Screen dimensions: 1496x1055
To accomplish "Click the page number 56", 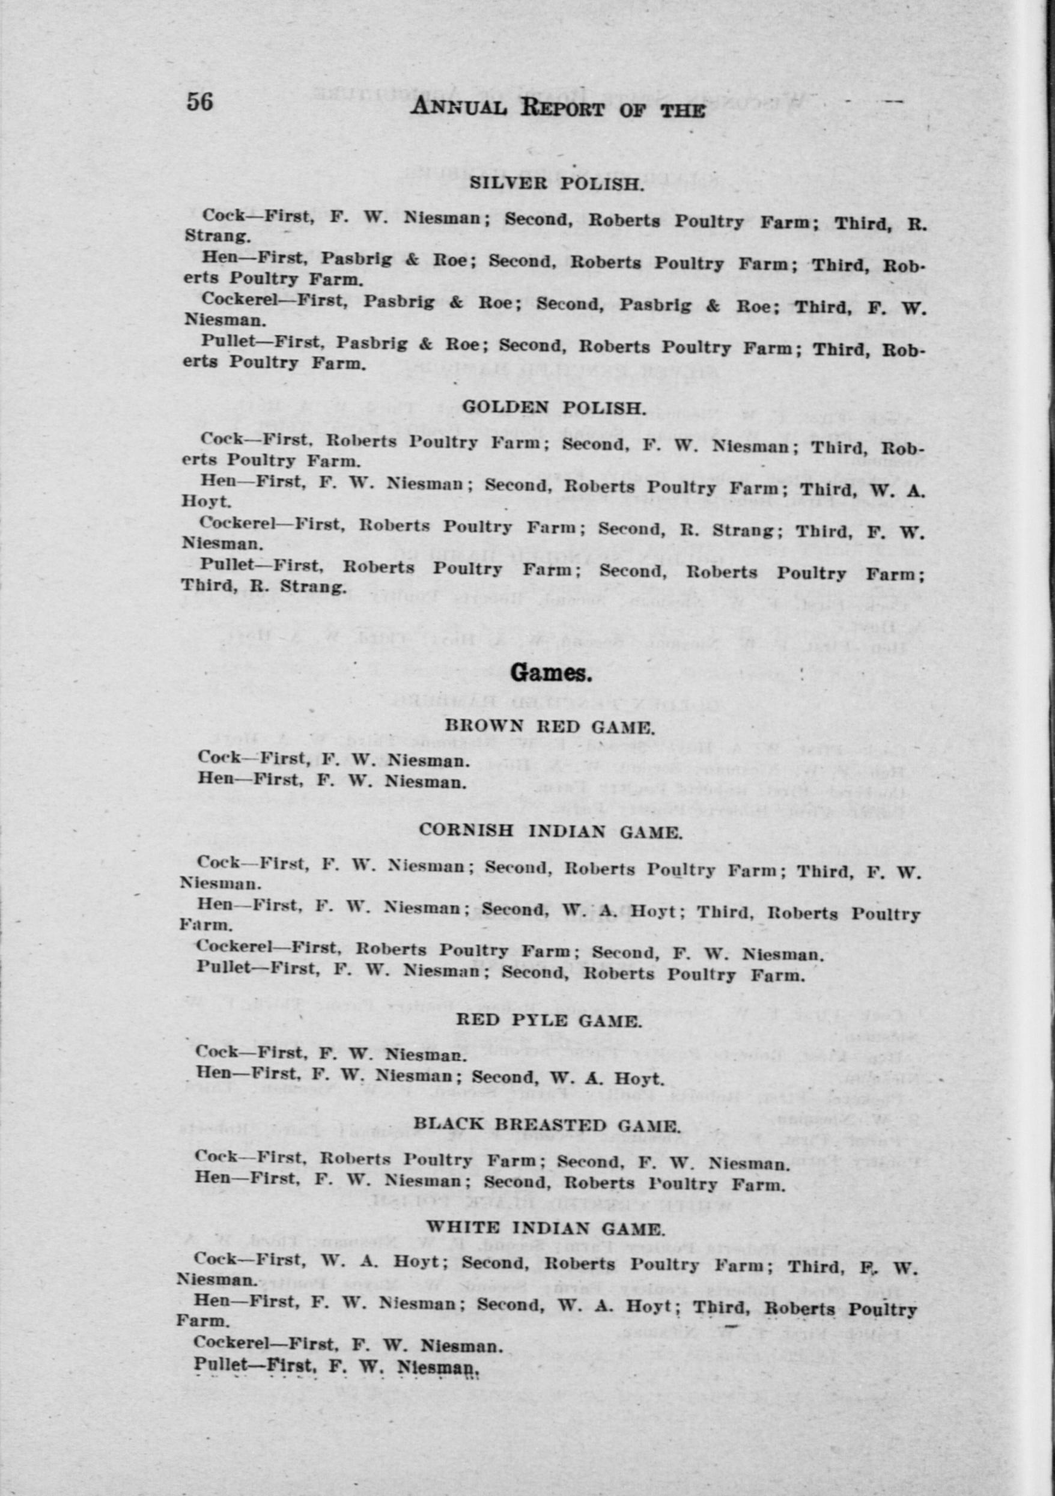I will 199,102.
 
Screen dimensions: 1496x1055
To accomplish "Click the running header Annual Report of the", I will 557,108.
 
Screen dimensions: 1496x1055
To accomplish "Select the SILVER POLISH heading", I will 556,183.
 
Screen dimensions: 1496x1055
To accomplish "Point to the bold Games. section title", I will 552,673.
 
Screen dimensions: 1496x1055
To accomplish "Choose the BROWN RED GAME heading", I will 549,726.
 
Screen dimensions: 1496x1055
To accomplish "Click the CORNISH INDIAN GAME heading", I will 551,832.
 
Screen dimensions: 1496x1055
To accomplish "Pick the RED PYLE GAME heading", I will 549,1020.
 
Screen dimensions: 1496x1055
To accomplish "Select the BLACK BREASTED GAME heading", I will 547,1125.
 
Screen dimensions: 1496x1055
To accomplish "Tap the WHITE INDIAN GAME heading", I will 546,1229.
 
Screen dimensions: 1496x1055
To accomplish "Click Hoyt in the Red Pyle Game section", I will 641,1079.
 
